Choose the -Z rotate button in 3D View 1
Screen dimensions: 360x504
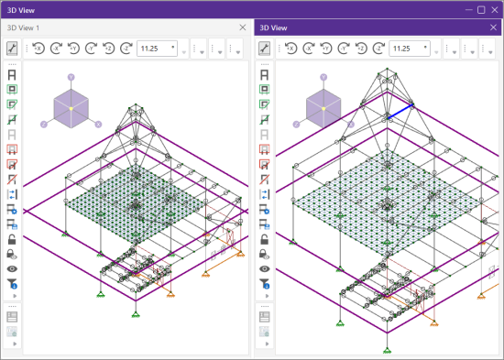[126, 49]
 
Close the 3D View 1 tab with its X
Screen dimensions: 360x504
[242, 27]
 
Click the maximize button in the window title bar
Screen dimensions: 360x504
[481, 9]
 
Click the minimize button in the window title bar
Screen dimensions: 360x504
[468, 9]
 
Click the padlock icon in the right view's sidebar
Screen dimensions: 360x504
[264, 240]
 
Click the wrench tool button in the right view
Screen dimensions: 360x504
[264, 49]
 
